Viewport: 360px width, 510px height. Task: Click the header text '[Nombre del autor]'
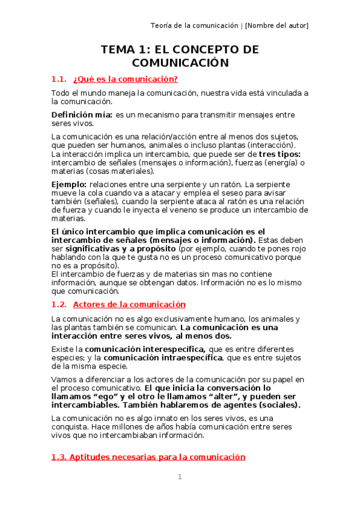(277, 25)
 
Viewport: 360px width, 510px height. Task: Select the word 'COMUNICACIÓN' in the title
(180, 63)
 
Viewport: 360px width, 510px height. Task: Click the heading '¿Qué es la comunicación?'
(125, 79)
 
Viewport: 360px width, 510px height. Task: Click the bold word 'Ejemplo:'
(69, 183)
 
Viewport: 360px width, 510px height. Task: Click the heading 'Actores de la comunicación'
(129, 304)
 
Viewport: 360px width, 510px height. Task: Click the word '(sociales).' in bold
(278, 405)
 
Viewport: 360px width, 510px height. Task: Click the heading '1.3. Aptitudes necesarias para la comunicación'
(148, 457)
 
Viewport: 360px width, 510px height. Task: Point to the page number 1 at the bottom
(179, 477)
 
